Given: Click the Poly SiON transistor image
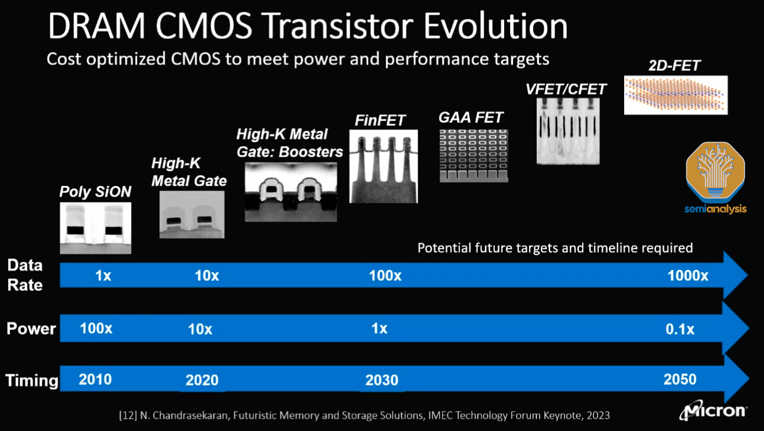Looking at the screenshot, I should [x=96, y=227].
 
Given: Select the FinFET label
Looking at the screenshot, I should [x=380, y=120].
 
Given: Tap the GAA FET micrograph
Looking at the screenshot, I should [x=473, y=155].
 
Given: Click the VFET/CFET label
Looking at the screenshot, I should [x=566, y=89].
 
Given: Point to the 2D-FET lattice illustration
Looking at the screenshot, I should [x=675, y=94].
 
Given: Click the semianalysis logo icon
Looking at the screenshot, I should [x=715, y=172].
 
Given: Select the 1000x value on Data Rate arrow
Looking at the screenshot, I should [x=688, y=276].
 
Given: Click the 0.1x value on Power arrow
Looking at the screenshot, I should [x=680, y=329].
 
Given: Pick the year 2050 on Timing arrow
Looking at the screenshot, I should [x=679, y=379].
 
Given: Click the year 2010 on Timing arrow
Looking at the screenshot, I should [x=95, y=379].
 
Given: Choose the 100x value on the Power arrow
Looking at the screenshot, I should [x=96, y=328].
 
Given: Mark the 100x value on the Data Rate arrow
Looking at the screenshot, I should [x=385, y=276].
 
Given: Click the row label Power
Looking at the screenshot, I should [x=31, y=329].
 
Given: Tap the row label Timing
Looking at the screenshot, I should [x=32, y=381].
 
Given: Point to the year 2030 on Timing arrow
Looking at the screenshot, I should [x=381, y=380].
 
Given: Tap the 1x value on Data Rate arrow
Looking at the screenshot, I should [x=103, y=276].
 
